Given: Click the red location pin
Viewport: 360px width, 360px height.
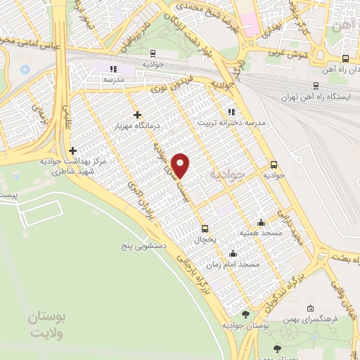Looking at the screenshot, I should click(182, 165).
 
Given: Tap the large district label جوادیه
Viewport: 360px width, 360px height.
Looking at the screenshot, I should click(228, 172).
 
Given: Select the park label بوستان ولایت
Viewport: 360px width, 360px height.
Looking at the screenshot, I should click(47, 326).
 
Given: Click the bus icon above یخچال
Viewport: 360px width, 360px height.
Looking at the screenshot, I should click(205, 228).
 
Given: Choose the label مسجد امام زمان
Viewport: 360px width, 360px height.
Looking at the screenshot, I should click(232, 264).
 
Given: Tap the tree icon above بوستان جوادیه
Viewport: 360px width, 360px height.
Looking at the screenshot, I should click(245, 314).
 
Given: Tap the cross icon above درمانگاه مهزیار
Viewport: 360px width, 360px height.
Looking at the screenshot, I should click(137, 115).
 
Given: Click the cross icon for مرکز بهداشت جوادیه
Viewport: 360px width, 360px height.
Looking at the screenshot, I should click(72, 150).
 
